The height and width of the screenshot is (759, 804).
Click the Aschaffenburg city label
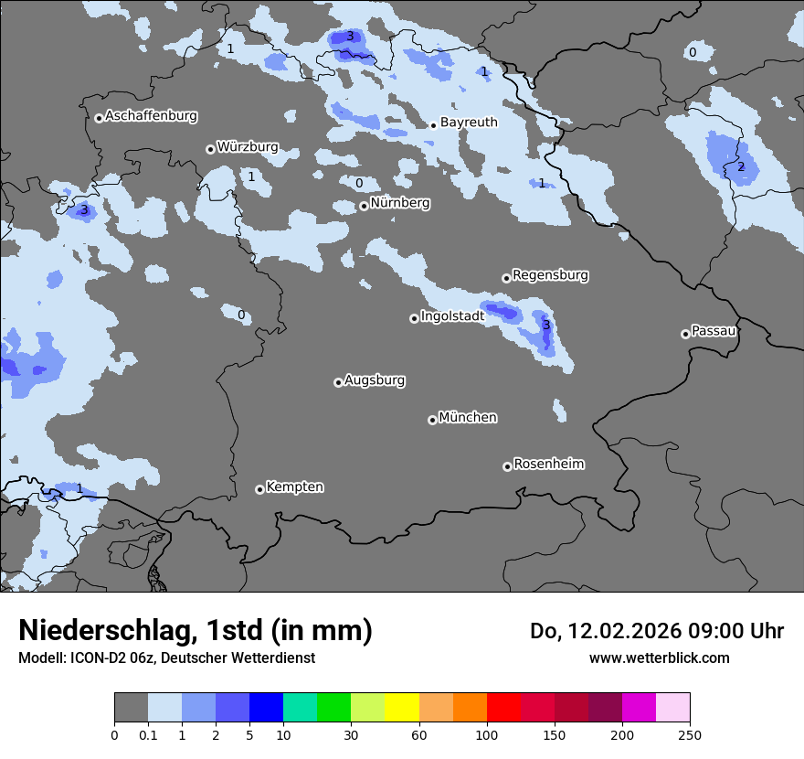coord(151,116)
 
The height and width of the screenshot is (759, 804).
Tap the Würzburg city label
coord(248,147)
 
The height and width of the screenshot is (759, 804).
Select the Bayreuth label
coord(469,123)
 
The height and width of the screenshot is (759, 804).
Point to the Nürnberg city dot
coord(364,206)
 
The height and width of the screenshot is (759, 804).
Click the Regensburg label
coord(550,275)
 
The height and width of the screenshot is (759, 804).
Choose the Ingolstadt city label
coord(452,316)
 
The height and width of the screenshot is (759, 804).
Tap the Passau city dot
coord(685,334)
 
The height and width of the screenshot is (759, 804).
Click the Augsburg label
coord(375,380)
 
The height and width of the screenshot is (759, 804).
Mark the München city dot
coord(432,420)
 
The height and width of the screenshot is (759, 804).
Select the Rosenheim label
coord(548,465)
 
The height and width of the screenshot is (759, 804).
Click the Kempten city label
coord(294,487)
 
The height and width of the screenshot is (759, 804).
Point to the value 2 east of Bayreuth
coord(741,166)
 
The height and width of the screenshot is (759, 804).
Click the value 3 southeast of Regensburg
coord(546,325)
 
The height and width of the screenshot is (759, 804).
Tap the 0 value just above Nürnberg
coord(359,183)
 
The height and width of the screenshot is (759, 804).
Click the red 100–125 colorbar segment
coord(503,708)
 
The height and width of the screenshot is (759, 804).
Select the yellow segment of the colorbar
coord(402,708)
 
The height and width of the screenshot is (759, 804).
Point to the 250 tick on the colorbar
coord(690,734)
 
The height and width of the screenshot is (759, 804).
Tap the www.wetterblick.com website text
coord(659,657)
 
